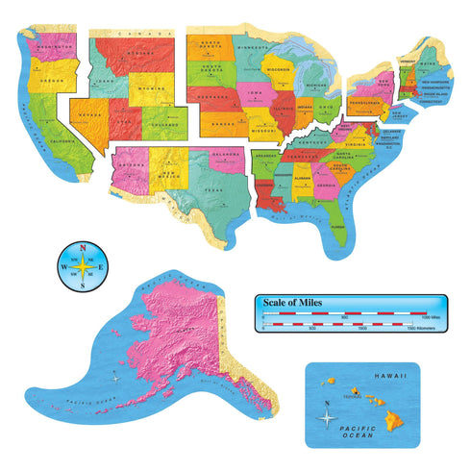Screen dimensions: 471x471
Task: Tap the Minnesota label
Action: [x=252, y=46]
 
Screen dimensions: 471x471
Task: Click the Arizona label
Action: [x=133, y=162]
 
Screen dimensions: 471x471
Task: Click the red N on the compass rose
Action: [x=84, y=247]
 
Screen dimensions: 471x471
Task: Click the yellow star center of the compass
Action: [x=84, y=266]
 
